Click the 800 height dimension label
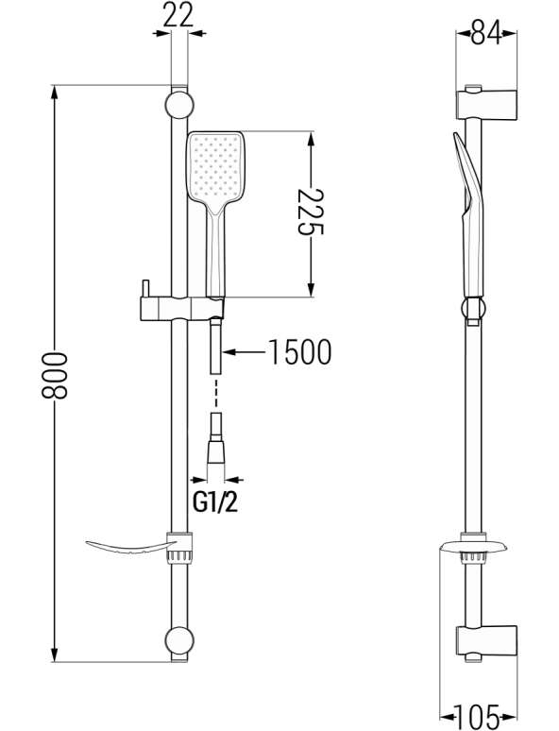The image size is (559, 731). [x=55, y=376]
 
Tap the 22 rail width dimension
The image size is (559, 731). [x=178, y=16]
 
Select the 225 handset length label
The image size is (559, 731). [x=311, y=212]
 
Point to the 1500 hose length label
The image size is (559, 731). [x=299, y=352]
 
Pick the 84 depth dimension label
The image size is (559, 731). [x=485, y=33]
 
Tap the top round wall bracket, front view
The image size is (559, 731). [x=179, y=105]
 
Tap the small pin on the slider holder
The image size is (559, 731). [x=146, y=288]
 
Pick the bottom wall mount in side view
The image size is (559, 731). [x=485, y=641]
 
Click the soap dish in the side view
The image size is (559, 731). [x=474, y=547]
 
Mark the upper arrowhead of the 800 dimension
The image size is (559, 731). [x=55, y=92]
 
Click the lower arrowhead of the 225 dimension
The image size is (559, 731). [x=311, y=290]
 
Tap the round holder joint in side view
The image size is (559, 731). [x=474, y=308]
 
